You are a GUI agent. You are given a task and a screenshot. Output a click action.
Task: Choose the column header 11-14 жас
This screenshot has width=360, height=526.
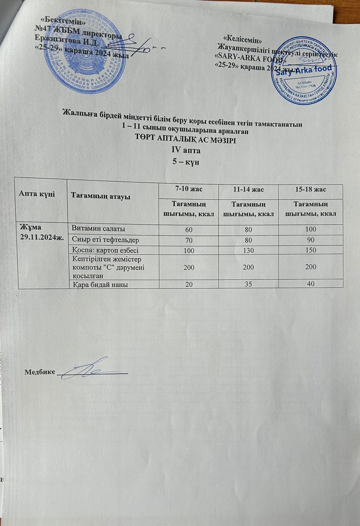pyautogui.click(x=248, y=190)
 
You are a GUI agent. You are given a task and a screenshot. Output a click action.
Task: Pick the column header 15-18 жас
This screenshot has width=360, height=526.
pyautogui.click(x=310, y=190)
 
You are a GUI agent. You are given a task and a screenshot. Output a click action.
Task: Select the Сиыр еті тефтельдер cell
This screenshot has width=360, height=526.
pyautogui.click(x=105, y=239)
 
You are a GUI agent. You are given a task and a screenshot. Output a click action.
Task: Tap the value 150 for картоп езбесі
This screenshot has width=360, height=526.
pyautogui.click(x=310, y=250)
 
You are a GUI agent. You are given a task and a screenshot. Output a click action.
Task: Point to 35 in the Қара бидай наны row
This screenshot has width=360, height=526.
pyautogui.click(x=248, y=284)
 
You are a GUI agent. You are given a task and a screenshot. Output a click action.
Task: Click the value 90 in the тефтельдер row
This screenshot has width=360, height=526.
pyautogui.click(x=310, y=240)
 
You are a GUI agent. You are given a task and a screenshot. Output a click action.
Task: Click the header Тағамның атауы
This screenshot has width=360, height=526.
pyautogui.click(x=101, y=197)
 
